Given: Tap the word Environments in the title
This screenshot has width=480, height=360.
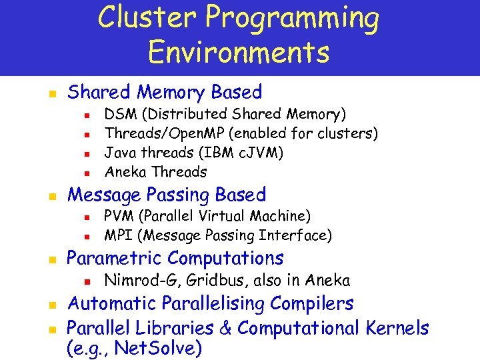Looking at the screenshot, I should click(239, 51).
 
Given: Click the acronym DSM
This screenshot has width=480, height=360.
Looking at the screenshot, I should click(120, 115).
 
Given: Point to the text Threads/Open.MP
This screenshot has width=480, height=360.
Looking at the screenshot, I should click(157, 134).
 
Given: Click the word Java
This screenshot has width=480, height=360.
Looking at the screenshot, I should click(119, 153).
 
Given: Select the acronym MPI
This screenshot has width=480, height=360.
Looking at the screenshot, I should click(118, 235).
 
